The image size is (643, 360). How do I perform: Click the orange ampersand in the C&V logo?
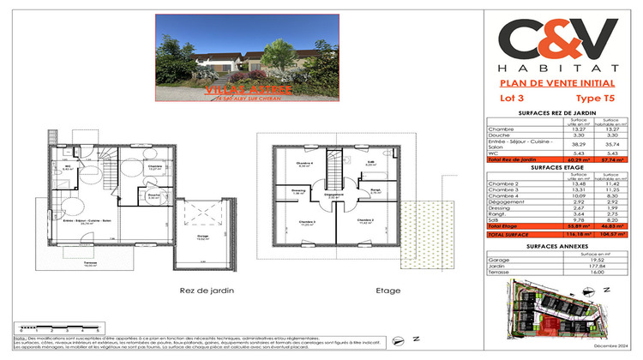557,41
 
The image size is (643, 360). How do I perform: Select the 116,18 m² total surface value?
577,234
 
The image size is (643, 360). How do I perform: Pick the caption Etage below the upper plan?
388,291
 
